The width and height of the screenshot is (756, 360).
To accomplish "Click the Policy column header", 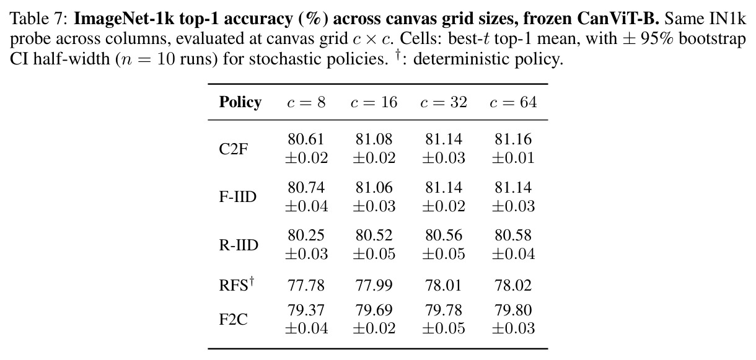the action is click(240, 102).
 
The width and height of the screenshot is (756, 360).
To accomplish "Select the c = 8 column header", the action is click(306, 102).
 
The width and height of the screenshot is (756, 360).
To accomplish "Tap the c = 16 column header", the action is click(374, 102).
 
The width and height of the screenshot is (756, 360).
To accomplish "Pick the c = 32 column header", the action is click(444, 102).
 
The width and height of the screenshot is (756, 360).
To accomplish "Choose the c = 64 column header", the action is click(513, 102).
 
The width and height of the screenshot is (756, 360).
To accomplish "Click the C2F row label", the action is click(233, 149).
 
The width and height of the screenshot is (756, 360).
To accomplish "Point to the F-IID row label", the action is click(237, 196).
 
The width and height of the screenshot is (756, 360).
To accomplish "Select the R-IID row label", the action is click(239, 245).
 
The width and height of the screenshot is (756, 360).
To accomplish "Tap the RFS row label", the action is click(237, 284).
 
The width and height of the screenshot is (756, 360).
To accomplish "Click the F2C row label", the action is click(233, 319).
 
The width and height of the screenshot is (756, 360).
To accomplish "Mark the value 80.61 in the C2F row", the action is click(306, 139).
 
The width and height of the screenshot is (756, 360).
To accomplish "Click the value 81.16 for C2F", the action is click(513, 139).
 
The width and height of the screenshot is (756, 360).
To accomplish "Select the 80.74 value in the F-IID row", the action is click(306, 187).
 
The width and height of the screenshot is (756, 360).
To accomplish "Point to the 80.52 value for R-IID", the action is click(374, 235).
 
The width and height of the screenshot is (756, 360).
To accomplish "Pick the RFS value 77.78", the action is click(306, 286).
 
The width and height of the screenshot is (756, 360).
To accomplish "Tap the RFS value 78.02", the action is click(513, 286).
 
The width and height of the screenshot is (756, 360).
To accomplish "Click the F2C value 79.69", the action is click(374, 310).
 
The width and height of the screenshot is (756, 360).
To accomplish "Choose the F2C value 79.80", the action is click(513, 310).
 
